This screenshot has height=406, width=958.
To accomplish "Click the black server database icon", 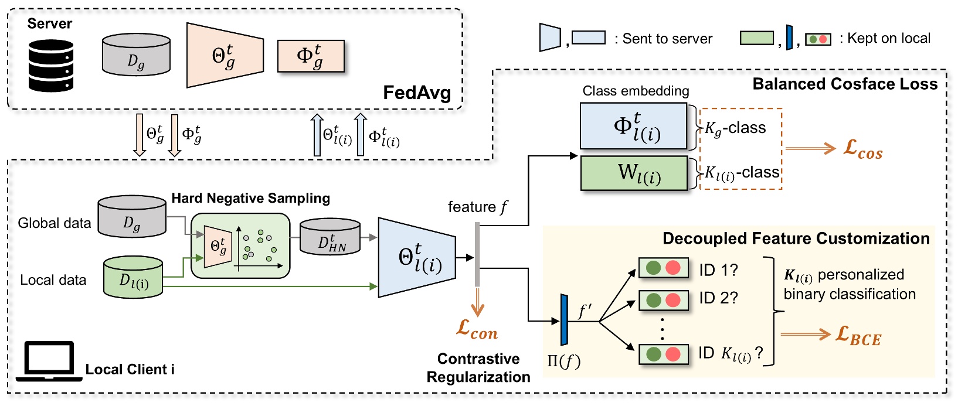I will (x=51, y=66).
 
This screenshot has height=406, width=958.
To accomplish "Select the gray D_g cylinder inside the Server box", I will (x=136, y=55).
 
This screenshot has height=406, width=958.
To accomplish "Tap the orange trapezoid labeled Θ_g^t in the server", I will (x=225, y=56).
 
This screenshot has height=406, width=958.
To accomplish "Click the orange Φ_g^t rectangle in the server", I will (x=310, y=56).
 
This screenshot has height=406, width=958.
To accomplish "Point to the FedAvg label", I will (x=417, y=93).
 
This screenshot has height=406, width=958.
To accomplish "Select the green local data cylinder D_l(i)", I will (x=133, y=277).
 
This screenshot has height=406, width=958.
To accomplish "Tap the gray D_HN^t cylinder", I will (x=330, y=237).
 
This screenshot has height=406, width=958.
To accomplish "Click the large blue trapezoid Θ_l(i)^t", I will (x=417, y=258).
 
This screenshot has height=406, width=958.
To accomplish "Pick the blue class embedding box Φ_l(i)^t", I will (x=633, y=126).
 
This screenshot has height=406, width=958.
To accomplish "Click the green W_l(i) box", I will (x=634, y=173).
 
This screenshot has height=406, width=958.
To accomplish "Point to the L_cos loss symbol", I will (x=862, y=149).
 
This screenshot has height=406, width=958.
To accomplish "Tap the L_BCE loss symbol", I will (x=858, y=336).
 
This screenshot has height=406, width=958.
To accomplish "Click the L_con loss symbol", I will (x=477, y=330).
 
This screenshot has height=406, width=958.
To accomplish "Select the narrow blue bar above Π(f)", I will (x=564, y=320).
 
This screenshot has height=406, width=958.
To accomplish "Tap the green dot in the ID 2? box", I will (x=654, y=301).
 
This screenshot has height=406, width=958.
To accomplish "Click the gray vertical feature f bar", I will (x=477, y=254).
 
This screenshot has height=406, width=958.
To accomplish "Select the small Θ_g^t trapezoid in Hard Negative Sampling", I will (x=218, y=246).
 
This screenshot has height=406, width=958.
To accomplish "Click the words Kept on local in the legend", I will (x=889, y=39).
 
